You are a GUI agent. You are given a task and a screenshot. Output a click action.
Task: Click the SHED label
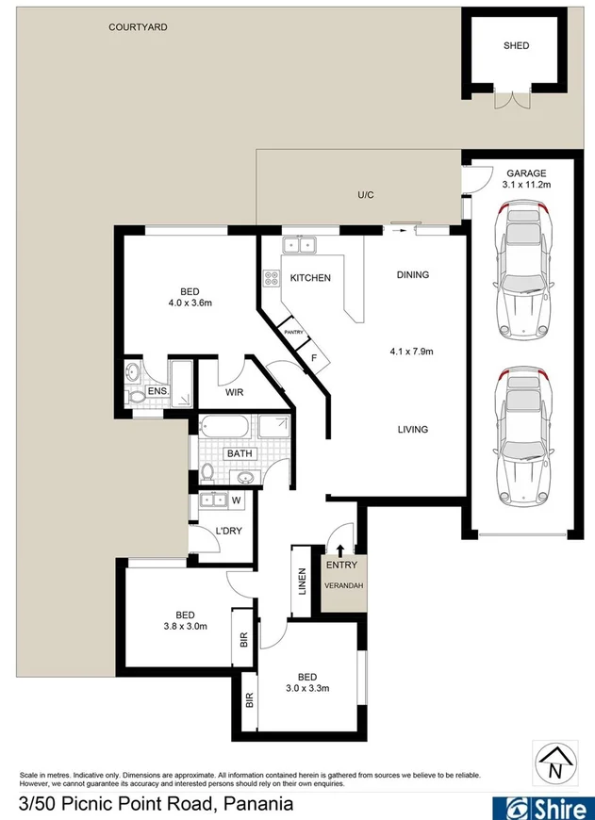tap(516, 45)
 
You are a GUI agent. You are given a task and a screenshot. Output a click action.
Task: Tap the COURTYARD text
tap(138, 27)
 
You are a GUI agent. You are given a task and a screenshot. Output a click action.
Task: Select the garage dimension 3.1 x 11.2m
tap(528, 185)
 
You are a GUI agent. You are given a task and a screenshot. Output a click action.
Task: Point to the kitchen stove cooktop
tap(272, 278)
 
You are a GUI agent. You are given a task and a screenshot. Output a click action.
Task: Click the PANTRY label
tap(292, 332)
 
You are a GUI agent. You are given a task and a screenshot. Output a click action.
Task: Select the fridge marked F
tap(313, 357)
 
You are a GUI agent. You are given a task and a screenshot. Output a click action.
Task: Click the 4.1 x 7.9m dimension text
tap(411, 352)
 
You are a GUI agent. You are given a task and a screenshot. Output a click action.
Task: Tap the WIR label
tap(235, 393)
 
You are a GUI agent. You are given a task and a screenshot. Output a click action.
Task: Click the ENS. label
tap(157, 391)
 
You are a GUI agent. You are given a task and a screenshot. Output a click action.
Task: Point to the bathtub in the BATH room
tap(224, 428)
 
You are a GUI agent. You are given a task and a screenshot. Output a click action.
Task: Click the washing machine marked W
tap(236, 500)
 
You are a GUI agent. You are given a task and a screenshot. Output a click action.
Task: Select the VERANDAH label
tap(343, 585)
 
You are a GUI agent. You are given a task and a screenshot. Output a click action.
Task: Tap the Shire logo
tap(542, 805)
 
